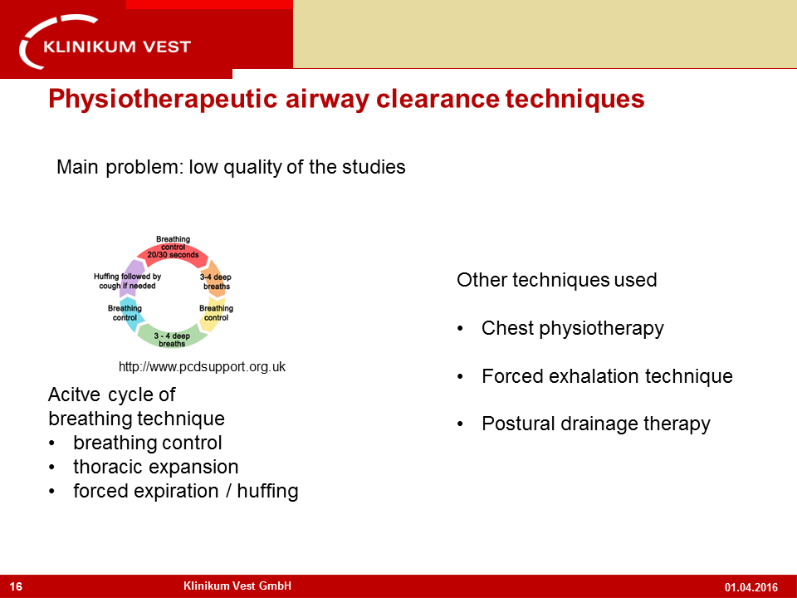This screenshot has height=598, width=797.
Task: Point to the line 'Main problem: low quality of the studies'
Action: (231, 167)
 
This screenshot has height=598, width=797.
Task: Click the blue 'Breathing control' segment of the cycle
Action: (128, 313)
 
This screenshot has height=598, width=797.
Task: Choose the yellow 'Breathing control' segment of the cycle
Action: (215, 313)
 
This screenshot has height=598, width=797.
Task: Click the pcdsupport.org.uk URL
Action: (202, 366)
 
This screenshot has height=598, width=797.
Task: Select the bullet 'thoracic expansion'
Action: (155, 467)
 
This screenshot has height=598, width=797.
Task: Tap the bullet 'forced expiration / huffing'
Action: (185, 491)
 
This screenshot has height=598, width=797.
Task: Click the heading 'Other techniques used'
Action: (556, 280)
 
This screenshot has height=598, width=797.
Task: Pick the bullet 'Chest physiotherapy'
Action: (572, 328)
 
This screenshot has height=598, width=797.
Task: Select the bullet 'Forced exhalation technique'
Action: (606, 376)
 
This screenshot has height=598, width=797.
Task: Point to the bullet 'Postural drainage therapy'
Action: (595, 424)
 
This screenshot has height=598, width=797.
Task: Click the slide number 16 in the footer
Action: (16, 587)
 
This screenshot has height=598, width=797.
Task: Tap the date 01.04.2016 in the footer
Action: (751, 587)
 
